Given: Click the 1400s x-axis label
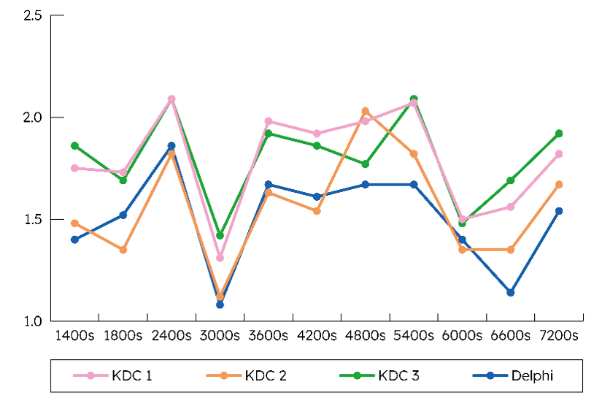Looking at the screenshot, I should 74,336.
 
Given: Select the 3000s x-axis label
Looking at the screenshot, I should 220,336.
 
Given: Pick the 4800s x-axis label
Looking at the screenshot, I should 365,336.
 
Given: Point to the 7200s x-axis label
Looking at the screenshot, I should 559,336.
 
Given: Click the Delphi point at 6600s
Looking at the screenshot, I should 511,293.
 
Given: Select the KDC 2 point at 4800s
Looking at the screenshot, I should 366,111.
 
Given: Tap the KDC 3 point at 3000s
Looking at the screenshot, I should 220,235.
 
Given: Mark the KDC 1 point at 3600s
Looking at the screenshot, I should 269,121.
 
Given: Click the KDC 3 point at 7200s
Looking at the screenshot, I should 559,134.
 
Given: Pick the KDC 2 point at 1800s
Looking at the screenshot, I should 123,250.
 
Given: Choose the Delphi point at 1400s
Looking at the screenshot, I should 74,240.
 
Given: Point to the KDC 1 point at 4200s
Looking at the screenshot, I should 317,134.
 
